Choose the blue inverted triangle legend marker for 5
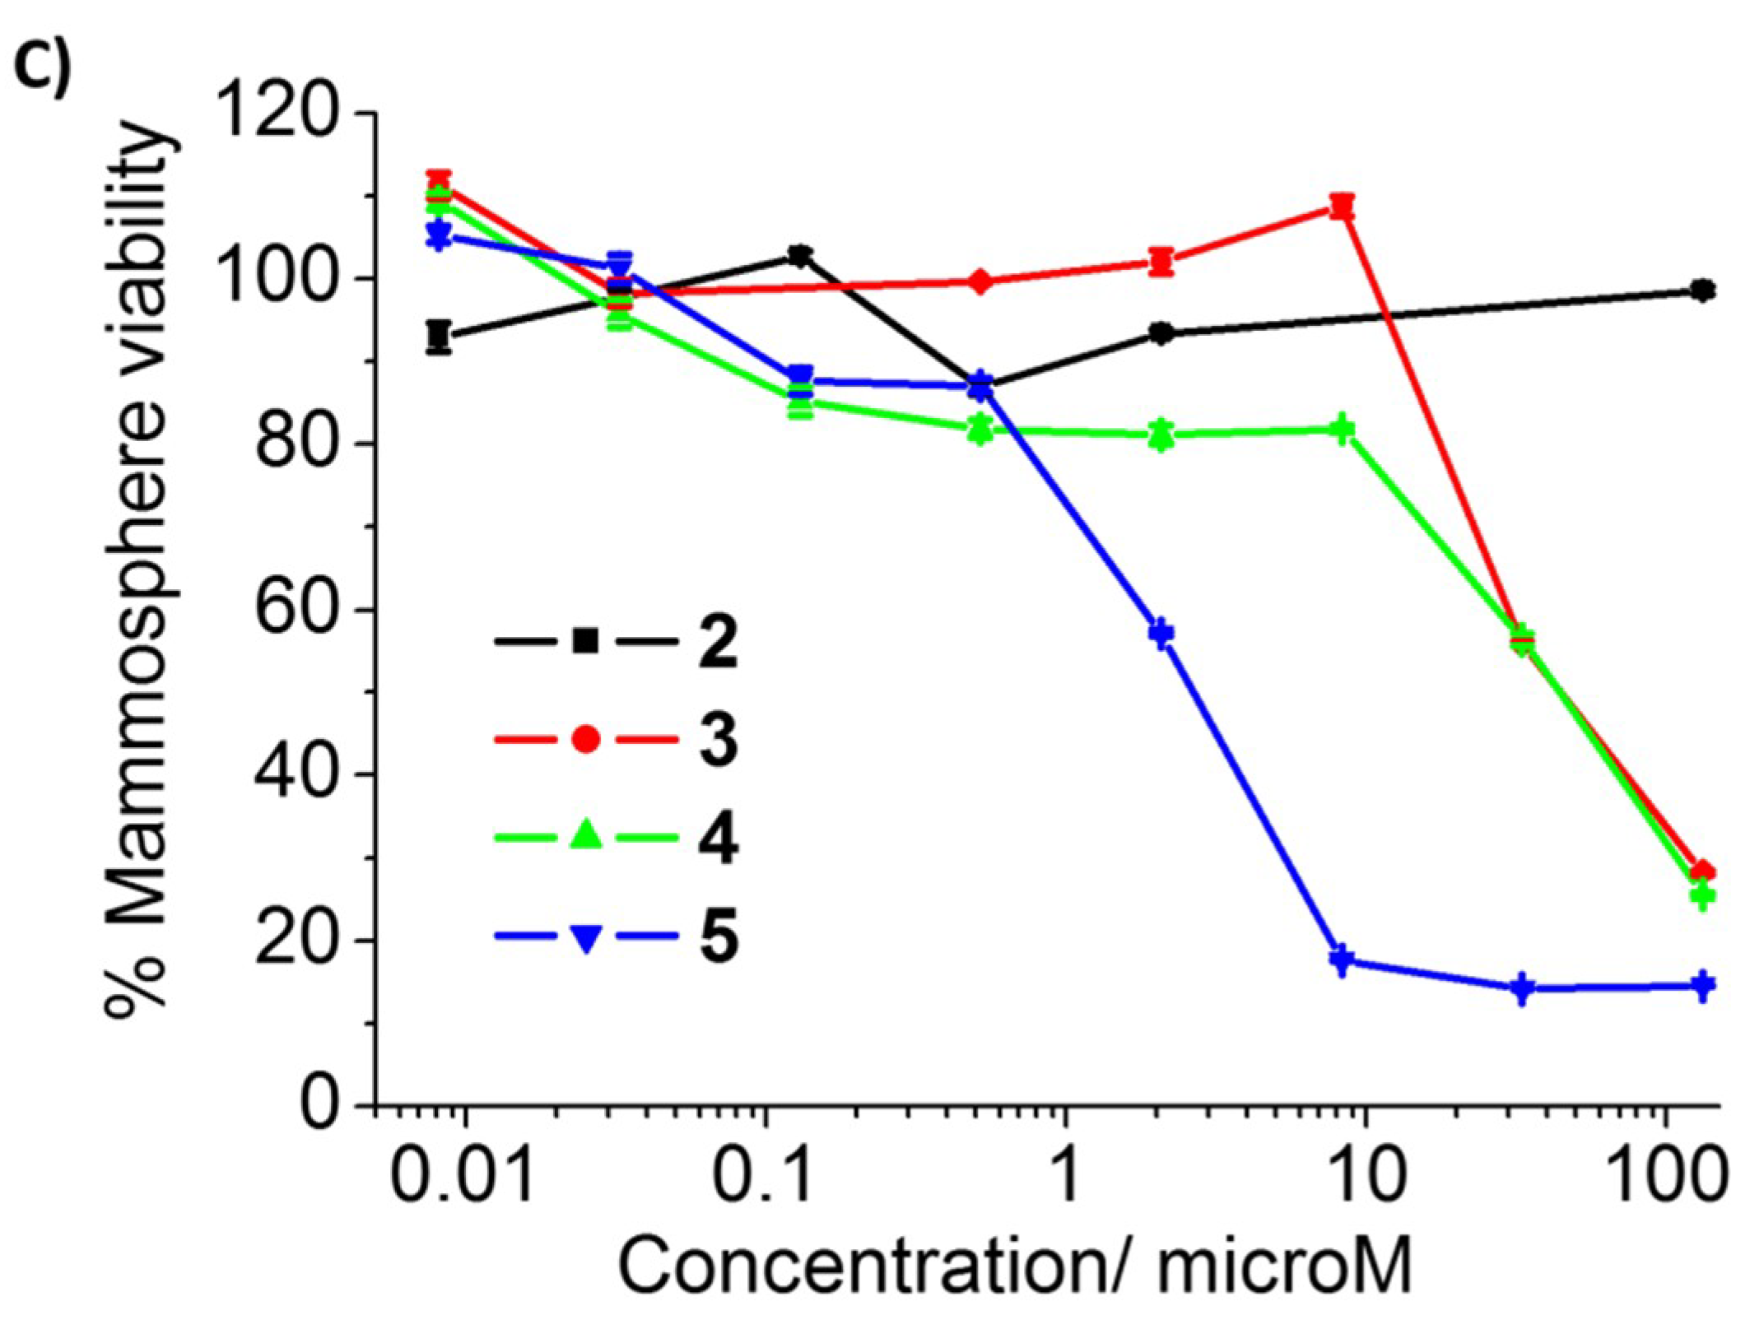tap(585, 937)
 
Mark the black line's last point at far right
tap(1701, 290)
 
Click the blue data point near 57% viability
tap(1161, 633)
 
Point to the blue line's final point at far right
tap(1701, 985)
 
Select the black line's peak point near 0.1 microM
tap(798, 255)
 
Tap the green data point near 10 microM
tap(1342, 430)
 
